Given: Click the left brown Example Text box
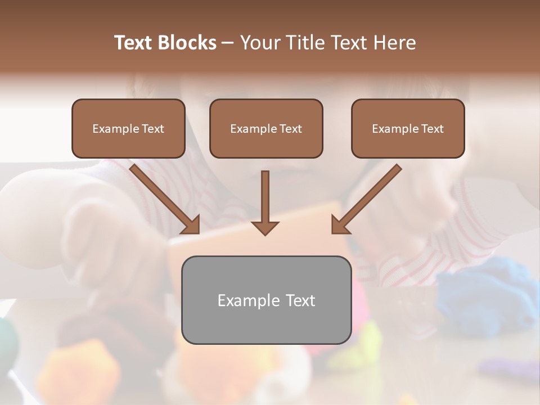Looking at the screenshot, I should [x=128, y=128].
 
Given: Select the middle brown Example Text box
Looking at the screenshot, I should [x=266, y=128].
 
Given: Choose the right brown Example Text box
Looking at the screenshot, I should [x=408, y=128].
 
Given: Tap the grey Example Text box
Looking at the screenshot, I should [x=266, y=300].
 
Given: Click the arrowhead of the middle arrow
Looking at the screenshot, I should [x=265, y=227].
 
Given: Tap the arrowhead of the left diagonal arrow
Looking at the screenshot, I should [x=191, y=225].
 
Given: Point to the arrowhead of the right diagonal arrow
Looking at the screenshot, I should [x=339, y=225].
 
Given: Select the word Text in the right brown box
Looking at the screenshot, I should [x=432, y=129].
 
